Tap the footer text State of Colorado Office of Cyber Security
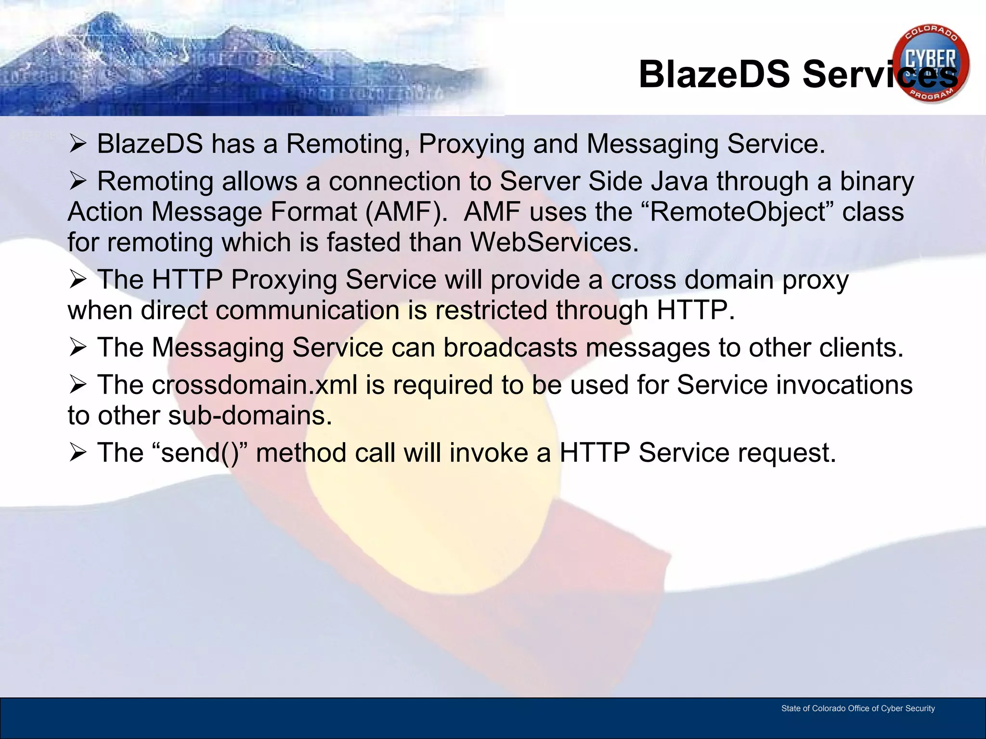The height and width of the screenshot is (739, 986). pyautogui.click(x=858, y=708)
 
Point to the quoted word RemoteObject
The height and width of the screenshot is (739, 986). pyautogui.click(x=738, y=212)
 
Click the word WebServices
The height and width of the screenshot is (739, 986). pyautogui.click(x=554, y=242)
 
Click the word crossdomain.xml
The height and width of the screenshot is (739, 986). pyautogui.click(x=255, y=385)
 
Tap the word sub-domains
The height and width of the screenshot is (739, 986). pyautogui.click(x=250, y=416)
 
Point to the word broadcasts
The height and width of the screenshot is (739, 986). pyautogui.click(x=510, y=348)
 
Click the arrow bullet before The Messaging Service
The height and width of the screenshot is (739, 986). pyautogui.click(x=78, y=347)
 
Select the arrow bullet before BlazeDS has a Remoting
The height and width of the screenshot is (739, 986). pyautogui.click(x=78, y=143)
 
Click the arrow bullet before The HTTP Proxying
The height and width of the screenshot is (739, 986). pyautogui.click(x=78, y=279)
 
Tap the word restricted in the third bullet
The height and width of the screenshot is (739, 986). pyautogui.click(x=491, y=310)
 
